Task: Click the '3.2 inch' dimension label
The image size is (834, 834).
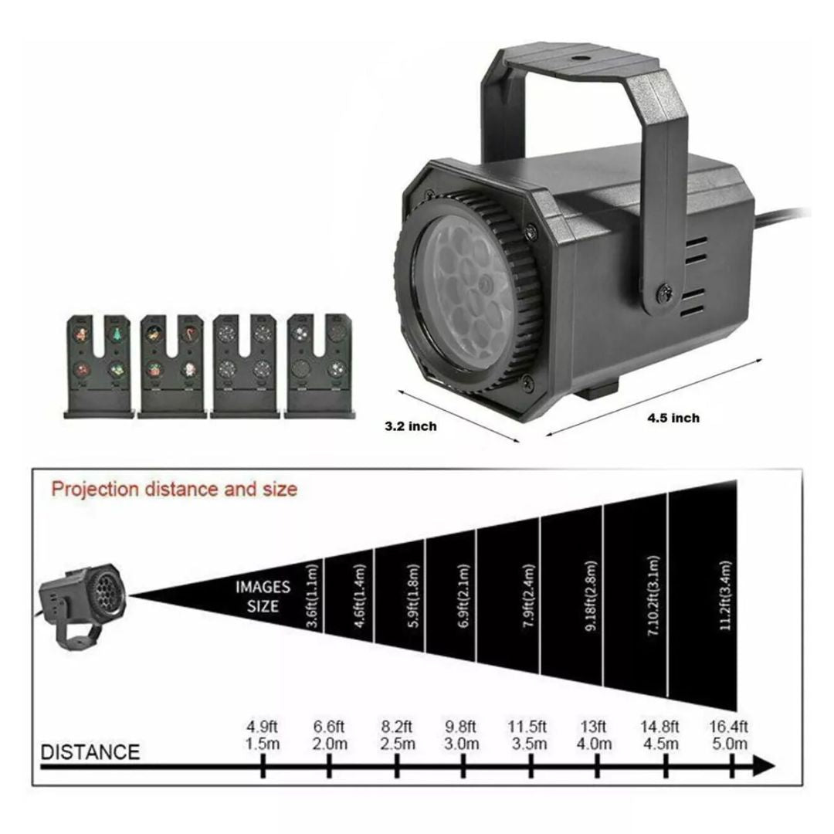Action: [411, 426]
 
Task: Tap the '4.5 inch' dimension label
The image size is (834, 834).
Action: [673, 418]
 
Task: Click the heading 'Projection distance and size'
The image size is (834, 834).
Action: [174, 489]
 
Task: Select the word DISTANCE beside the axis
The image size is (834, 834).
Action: [90, 751]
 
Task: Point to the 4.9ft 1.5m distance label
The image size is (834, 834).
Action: [263, 735]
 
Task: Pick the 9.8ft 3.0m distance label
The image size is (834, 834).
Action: [461, 735]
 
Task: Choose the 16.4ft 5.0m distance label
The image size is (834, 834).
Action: [729, 735]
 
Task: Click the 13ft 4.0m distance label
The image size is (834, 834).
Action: [594, 735]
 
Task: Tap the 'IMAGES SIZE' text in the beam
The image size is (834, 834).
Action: [263, 596]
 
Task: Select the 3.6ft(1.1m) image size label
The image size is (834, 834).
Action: [314, 595]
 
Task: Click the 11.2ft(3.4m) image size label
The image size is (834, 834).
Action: [725, 595]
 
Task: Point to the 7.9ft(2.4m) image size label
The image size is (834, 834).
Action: [529, 595]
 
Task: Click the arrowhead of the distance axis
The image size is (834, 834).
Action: [764, 767]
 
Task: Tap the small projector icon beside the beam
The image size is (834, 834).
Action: [82, 606]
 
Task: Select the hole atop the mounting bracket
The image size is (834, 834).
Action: [578, 56]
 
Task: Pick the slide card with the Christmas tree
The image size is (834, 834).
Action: [99, 366]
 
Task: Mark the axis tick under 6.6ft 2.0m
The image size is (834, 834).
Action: [329, 767]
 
